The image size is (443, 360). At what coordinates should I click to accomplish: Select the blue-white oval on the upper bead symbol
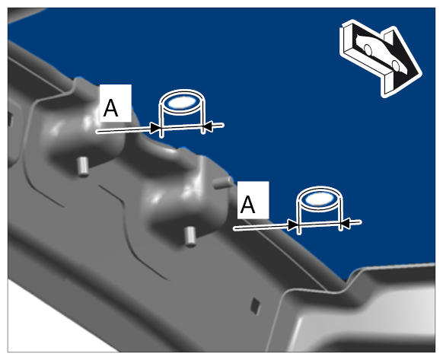[181, 102]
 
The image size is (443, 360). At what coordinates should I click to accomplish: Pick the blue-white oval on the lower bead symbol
[319, 199]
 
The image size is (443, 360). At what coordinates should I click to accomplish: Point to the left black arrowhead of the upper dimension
[155, 129]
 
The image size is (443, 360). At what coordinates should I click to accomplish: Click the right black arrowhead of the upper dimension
[208, 126]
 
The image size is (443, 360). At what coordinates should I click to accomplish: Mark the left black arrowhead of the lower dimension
[293, 225]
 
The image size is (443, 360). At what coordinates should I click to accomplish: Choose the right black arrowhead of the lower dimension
[346, 223]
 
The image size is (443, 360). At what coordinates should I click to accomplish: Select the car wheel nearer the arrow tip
[396, 65]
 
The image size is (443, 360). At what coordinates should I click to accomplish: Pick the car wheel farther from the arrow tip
[368, 49]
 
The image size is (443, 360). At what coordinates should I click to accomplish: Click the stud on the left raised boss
[82, 167]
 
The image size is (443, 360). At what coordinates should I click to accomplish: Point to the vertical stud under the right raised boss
[190, 237]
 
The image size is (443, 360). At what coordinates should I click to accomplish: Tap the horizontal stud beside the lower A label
[223, 183]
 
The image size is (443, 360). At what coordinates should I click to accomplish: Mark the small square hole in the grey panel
[256, 306]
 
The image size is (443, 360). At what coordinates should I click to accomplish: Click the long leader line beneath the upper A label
[123, 130]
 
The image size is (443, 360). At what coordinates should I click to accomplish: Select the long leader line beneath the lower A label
[260, 228]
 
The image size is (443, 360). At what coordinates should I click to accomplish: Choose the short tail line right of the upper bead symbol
[218, 125]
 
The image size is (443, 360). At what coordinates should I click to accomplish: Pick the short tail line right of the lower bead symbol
[356, 222]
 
